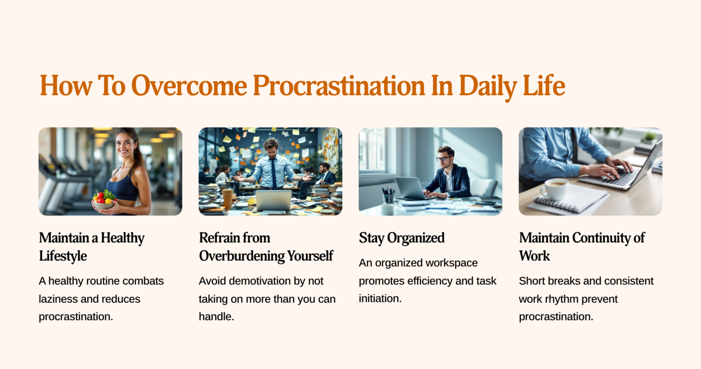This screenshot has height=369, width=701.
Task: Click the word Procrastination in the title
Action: [339, 85]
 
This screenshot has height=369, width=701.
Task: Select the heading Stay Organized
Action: [402, 238]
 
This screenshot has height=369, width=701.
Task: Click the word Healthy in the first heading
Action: [122, 238]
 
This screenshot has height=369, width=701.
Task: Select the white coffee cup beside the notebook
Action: [554, 189]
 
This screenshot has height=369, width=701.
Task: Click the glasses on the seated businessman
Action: [443, 159]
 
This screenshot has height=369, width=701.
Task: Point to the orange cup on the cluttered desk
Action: [227, 199]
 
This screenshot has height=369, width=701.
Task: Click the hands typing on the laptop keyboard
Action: [611, 169]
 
